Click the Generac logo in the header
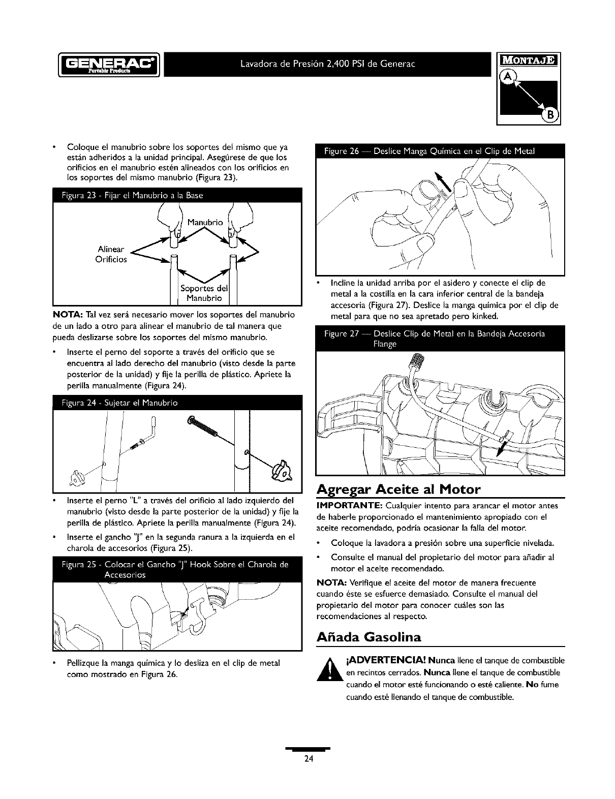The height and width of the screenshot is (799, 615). tap(109, 64)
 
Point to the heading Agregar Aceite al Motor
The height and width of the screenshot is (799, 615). tap(398, 490)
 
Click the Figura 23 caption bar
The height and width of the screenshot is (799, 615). tap(177, 196)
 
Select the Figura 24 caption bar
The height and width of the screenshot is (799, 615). tap(177, 403)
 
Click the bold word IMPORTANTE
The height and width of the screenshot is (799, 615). tap(348, 506)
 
